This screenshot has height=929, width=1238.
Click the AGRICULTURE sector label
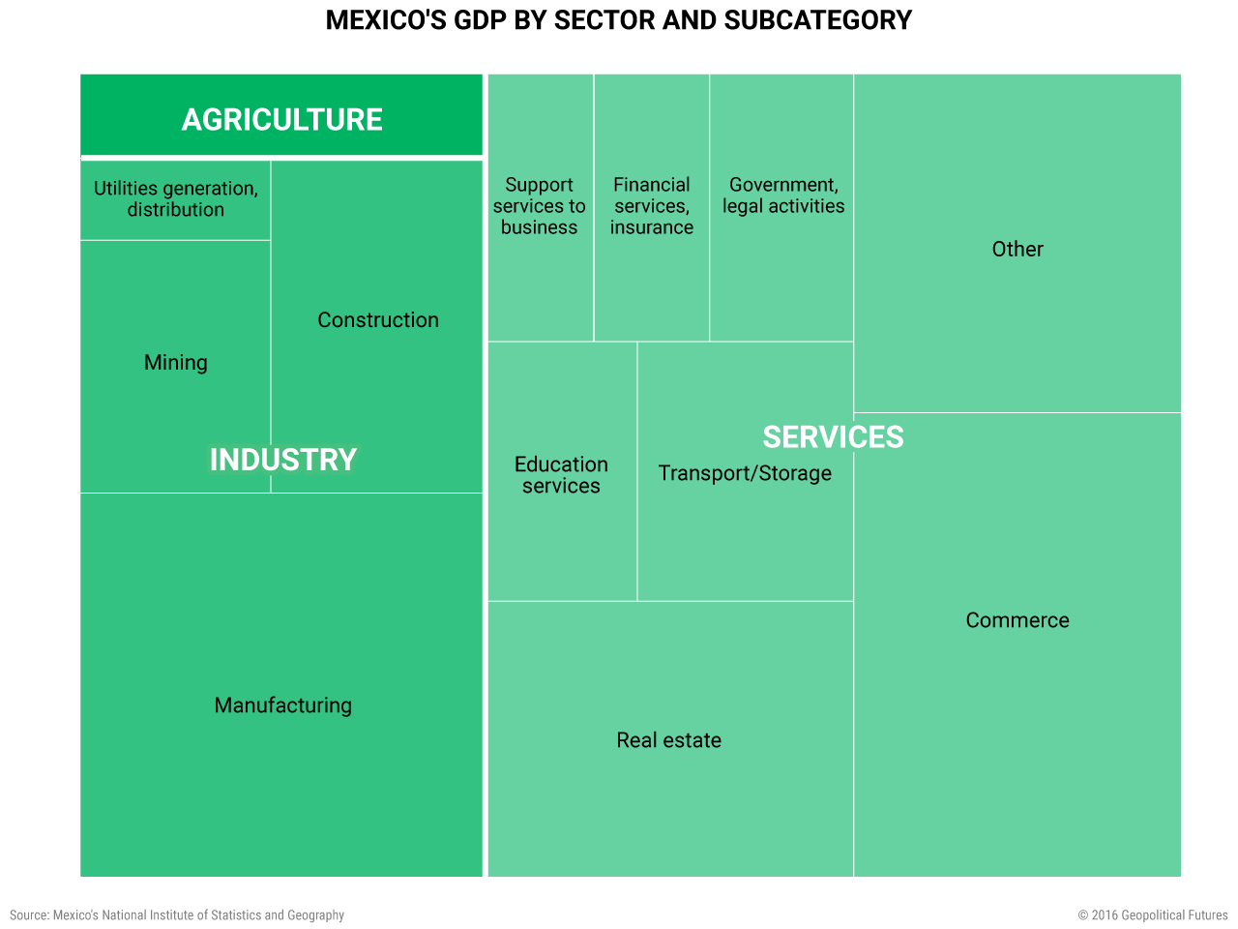click(282, 120)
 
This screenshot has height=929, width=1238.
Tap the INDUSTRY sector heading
click(283, 460)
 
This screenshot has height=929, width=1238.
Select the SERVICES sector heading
click(833, 437)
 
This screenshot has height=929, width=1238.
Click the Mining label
click(176, 363)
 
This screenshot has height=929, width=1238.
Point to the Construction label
click(378, 320)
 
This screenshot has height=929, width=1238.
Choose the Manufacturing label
click(283, 705)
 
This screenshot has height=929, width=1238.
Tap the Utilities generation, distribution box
click(176, 199)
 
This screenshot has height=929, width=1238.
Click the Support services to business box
click(540, 206)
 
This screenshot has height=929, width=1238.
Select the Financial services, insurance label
click(652, 206)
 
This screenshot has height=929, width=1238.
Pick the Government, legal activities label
click(783, 195)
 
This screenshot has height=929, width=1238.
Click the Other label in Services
click(1017, 250)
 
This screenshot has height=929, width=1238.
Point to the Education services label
click(561, 475)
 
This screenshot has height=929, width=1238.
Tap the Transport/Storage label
click(745, 473)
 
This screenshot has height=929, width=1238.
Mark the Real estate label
click(669, 740)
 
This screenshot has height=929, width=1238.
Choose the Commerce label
click(1017, 620)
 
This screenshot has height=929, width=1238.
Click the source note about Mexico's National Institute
click(177, 915)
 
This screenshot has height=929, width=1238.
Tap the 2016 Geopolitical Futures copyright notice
click(1153, 915)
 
